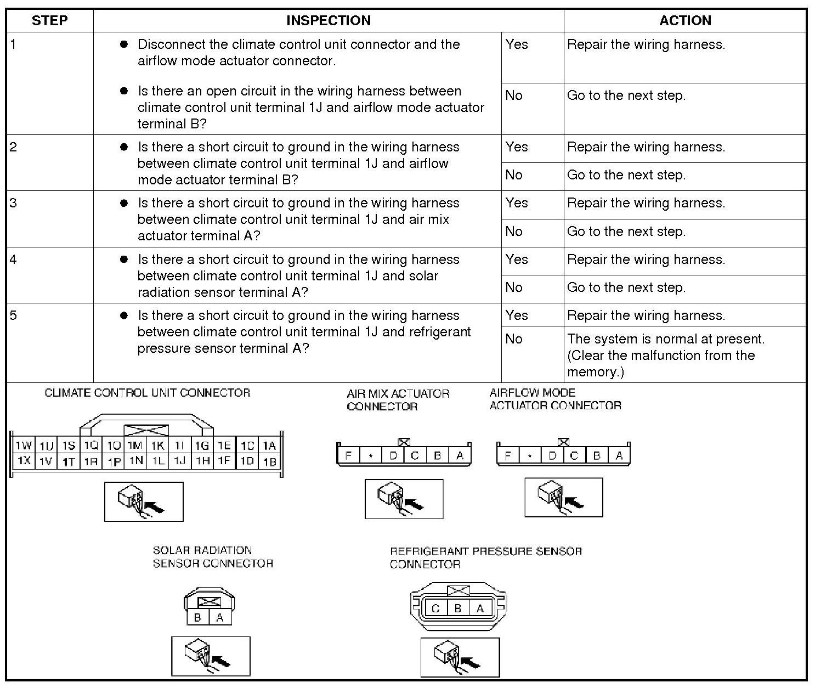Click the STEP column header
pos(49,21)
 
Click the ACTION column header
pos(684,21)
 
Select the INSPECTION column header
pos(328,21)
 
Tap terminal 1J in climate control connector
pos(180,461)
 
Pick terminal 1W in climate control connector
pos(24,445)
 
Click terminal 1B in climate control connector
pos(270,461)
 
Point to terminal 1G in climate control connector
pos(202,445)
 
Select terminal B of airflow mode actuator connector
pos(597,455)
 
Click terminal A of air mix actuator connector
pos(460,455)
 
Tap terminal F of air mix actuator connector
pos(348,455)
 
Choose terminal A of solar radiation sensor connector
pos(220,617)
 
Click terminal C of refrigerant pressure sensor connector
pos(435,608)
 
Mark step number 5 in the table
pos(13,315)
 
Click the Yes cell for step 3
pos(517,203)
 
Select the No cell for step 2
pos(514,175)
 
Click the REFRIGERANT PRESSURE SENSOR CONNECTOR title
pos(485,557)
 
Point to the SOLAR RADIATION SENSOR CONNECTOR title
pos(213,557)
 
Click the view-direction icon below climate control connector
pos(144,501)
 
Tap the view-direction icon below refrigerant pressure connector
pos(460,657)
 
